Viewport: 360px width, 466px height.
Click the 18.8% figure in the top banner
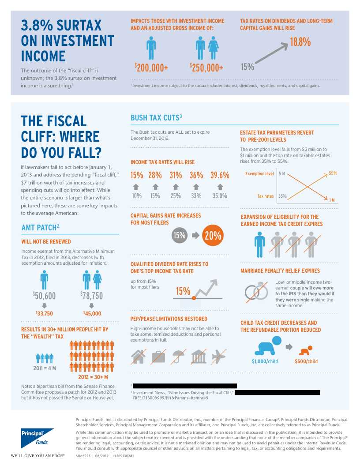coord(300,42)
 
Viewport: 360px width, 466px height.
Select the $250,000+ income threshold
coord(206,68)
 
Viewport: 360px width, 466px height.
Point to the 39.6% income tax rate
coord(220,175)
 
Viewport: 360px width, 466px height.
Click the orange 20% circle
coord(213,236)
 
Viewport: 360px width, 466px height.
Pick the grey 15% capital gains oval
coord(179,236)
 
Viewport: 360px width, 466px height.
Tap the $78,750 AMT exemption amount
coord(91,295)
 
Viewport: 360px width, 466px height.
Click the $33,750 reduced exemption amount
coord(44,313)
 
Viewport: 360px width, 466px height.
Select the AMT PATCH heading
coord(40,227)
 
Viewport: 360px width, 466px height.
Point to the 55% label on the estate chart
coord(333,173)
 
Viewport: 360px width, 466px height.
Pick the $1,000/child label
coord(265,361)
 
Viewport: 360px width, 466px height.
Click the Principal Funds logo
coord(37,437)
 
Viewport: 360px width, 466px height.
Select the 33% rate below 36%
coord(196,196)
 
